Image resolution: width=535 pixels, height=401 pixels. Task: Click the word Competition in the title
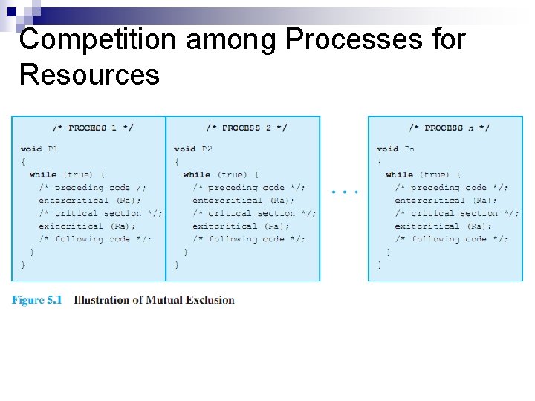point(98,39)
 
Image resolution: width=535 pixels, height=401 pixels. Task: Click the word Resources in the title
point(89,74)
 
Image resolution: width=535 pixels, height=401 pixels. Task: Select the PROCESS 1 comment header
point(93,128)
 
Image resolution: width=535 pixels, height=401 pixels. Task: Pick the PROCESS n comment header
point(449,128)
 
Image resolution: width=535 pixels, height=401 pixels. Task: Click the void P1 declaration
point(39,149)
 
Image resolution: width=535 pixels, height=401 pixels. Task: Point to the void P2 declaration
point(193,149)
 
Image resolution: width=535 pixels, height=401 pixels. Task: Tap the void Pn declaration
point(396,149)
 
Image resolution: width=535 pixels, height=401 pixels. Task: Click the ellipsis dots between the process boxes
point(345,192)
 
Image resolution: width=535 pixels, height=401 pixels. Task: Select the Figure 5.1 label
point(36,300)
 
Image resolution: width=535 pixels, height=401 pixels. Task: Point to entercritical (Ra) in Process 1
point(90,200)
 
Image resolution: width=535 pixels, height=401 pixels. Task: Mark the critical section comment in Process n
point(457,214)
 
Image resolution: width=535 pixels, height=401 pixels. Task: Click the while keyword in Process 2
point(196,175)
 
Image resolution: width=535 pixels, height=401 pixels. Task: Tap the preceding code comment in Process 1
point(93,188)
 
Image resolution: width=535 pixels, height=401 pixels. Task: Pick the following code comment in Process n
point(452,239)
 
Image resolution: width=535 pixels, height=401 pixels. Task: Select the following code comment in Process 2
point(249,239)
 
